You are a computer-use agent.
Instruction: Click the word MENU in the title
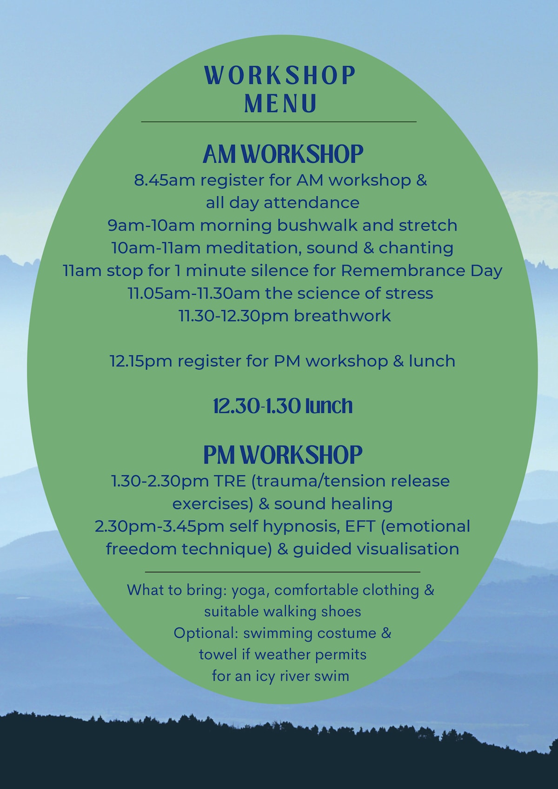click(x=280, y=103)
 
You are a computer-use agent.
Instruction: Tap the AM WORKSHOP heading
click(x=283, y=154)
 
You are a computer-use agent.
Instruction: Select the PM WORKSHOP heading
click(x=283, y=454)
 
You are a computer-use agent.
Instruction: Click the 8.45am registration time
click(x=165, y=180)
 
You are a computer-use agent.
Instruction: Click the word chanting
click(x=416, y=248)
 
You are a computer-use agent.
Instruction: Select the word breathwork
click(x=342, y=316)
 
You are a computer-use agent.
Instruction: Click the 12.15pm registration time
click(x=141, y=361)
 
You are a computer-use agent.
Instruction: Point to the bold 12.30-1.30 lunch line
click(x=283, y=406)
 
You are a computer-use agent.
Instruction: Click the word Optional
click(x=206, y=633)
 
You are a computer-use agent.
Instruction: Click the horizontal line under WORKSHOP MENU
click(x=279, y=122)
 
